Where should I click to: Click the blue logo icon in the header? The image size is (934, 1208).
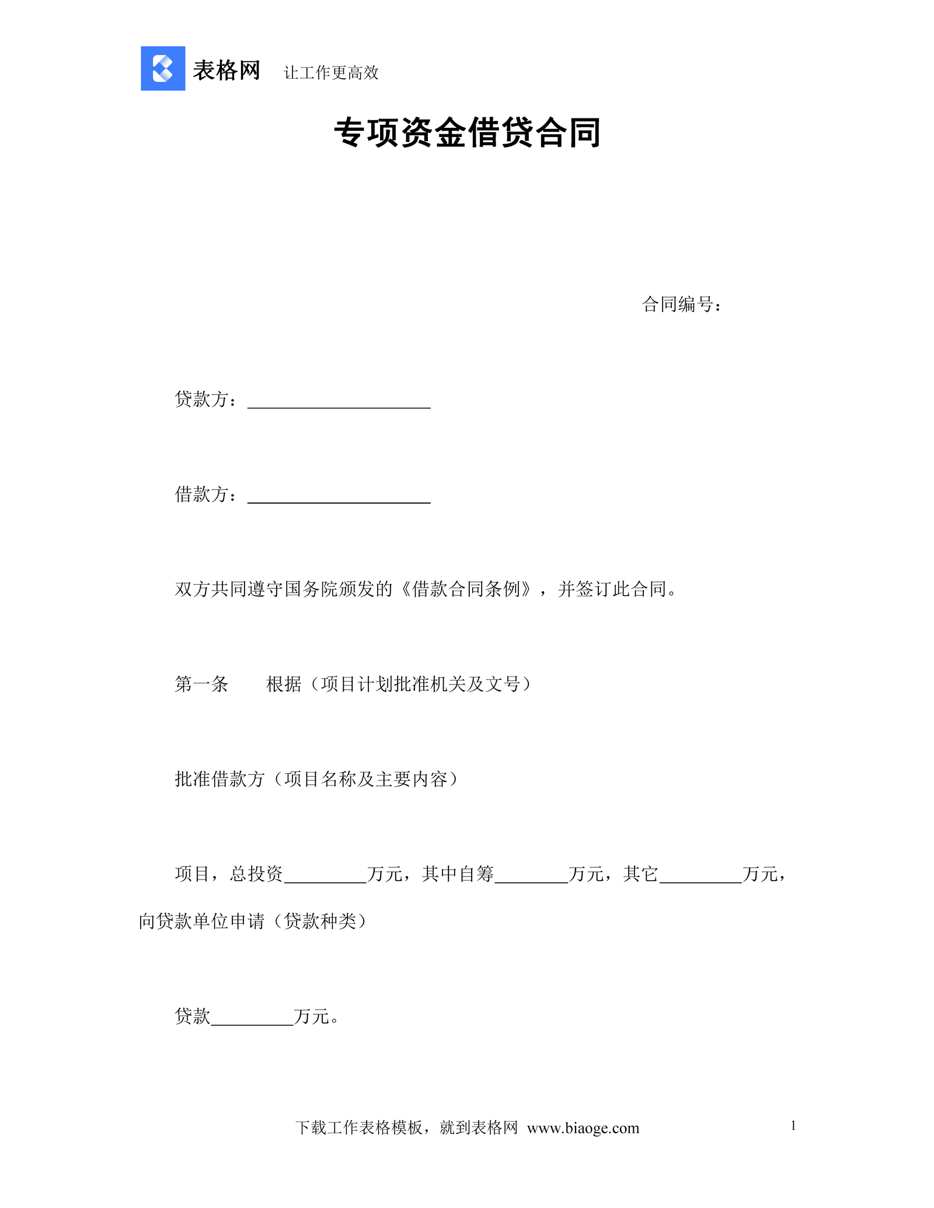pyautogui.click(x=163, y=68)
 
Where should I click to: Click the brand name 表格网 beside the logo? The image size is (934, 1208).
pyautogui.click(x=226, y=71)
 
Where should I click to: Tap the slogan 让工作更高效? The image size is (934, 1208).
pyautogui.click(x=331, y=73)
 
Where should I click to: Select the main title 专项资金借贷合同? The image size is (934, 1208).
pyautogui.click(x=467, y=132)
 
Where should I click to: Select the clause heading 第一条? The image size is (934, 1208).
pyautogui.click(x=201, y=684)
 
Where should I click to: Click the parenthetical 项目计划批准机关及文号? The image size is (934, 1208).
pyautogui.click(x=420, y=684)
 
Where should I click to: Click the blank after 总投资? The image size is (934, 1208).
pyautogui.click(x=325, y=876)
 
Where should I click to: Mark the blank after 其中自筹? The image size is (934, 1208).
pyautogui.click(x=531, y=876)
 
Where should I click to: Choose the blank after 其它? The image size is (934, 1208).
pyautogui.click(x=700, y=876)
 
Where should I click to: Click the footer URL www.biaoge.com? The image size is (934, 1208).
pyautogui.click(x=583, y=1128)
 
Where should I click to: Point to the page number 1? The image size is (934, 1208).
pyautogui.click(x=793, y=1126)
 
